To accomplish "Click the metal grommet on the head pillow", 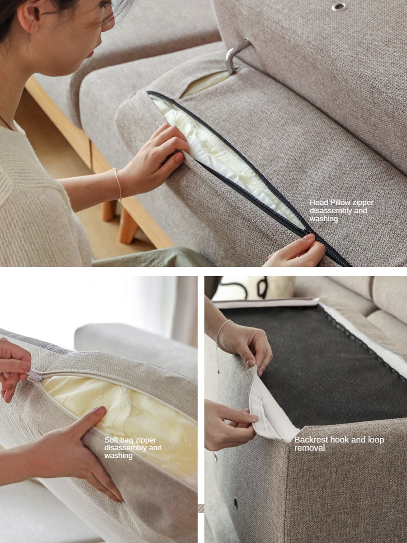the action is point(339,6).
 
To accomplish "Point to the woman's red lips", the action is point(91,54).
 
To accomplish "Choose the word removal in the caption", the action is point(309,448).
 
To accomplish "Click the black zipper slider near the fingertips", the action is point(309,232).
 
